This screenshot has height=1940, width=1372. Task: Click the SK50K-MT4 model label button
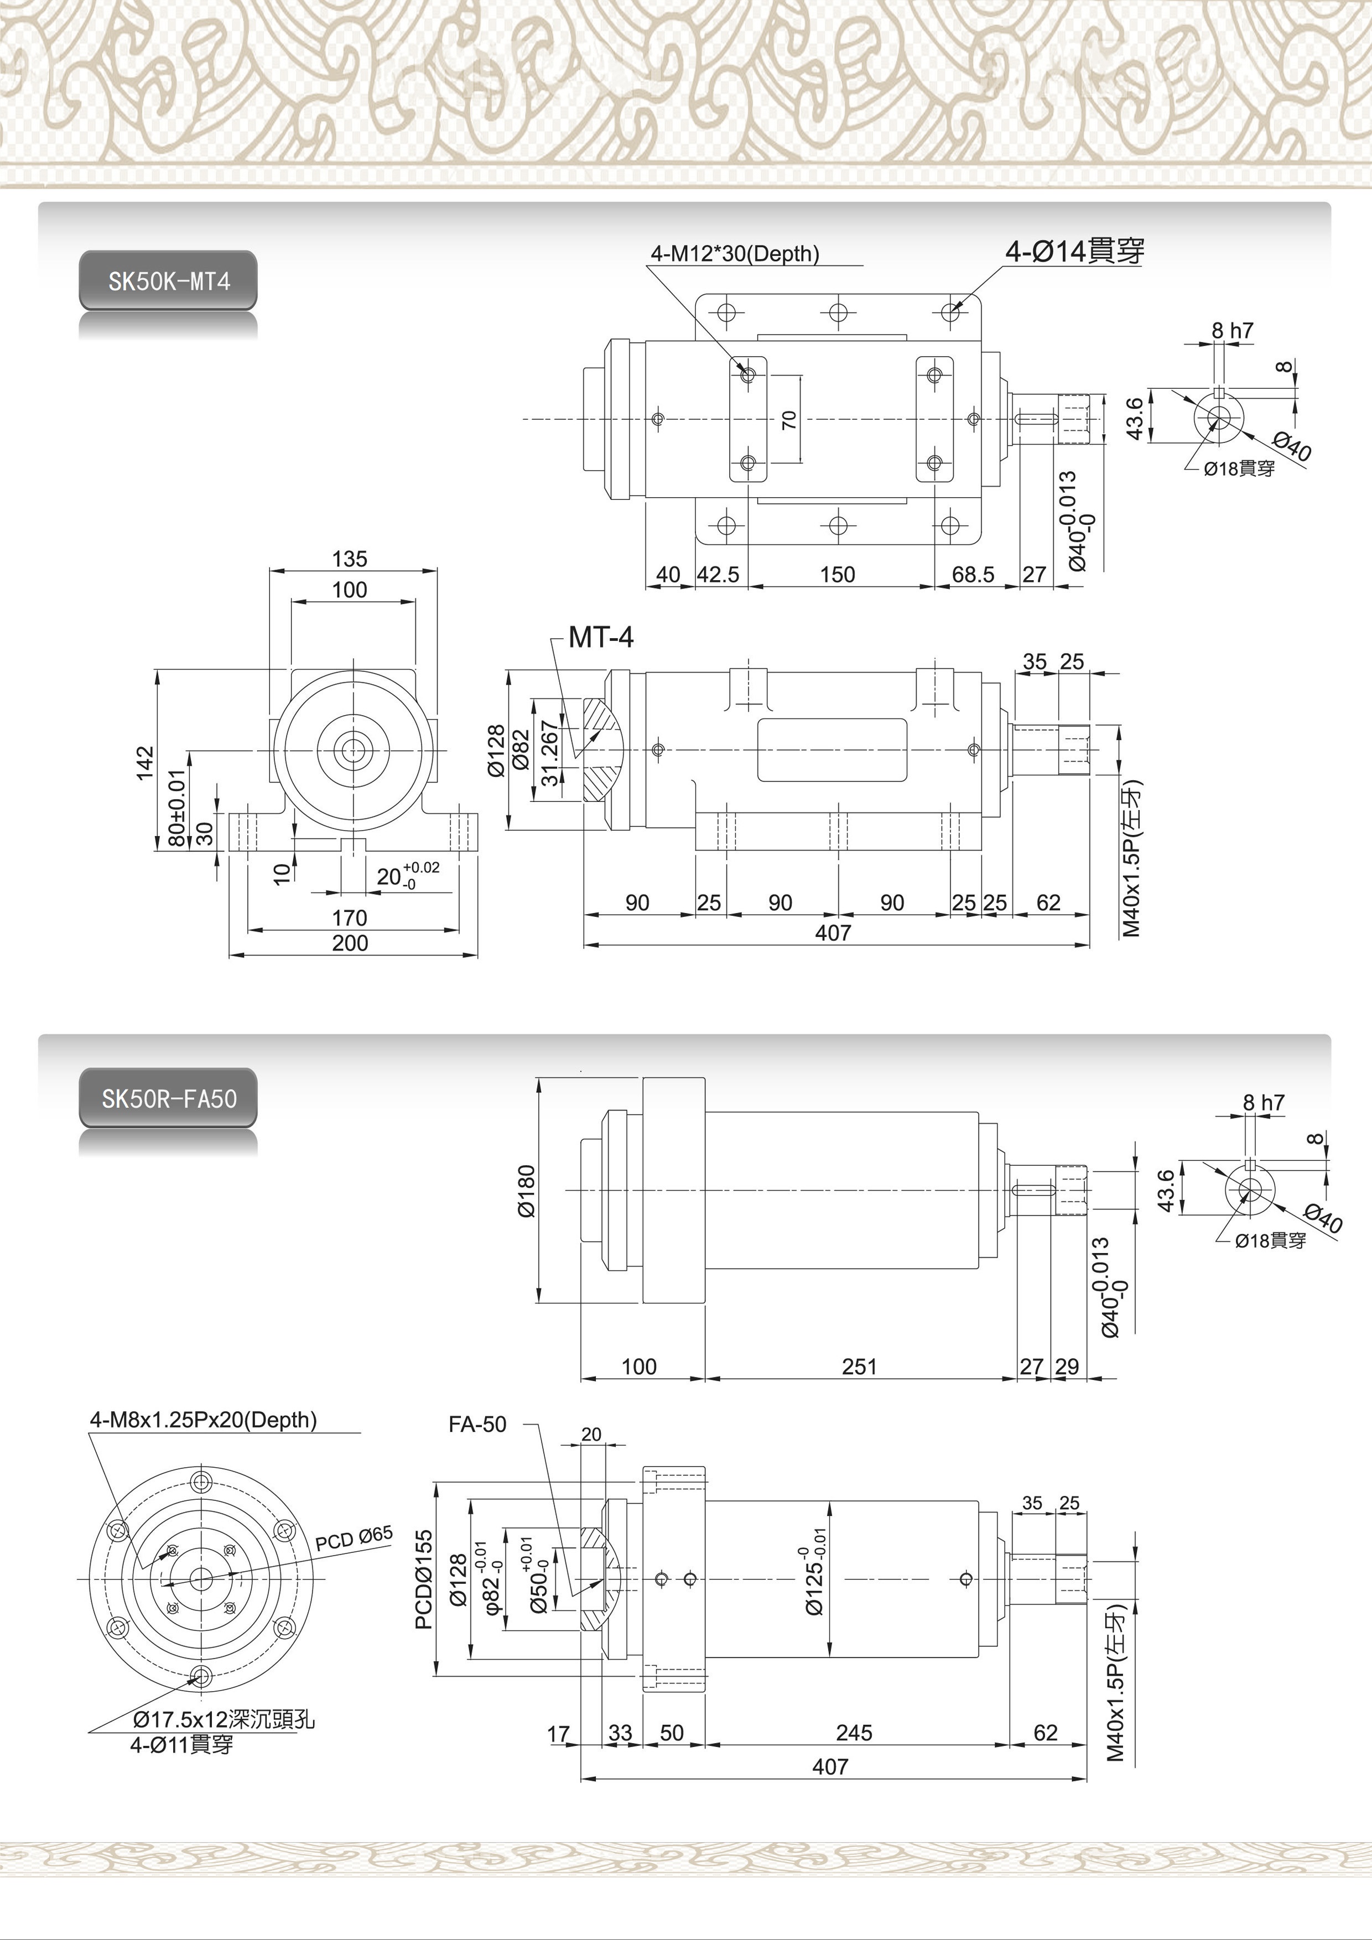pos(168,280)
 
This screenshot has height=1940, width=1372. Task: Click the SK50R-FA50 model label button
pos(168,1098)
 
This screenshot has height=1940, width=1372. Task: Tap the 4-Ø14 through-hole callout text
pos(1074,251)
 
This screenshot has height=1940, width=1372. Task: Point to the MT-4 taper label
pos(600,637)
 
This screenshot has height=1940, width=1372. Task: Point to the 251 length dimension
pos(859,1367)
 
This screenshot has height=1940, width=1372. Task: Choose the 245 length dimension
pos(854,1733)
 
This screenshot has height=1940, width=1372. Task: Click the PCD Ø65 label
pos(354,1539)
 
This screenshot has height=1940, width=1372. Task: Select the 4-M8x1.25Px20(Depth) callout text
pos(203,1420)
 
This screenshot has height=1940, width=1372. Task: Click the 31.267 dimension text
pos(549,753)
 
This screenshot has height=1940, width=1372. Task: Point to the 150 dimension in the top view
pos(837,575)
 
